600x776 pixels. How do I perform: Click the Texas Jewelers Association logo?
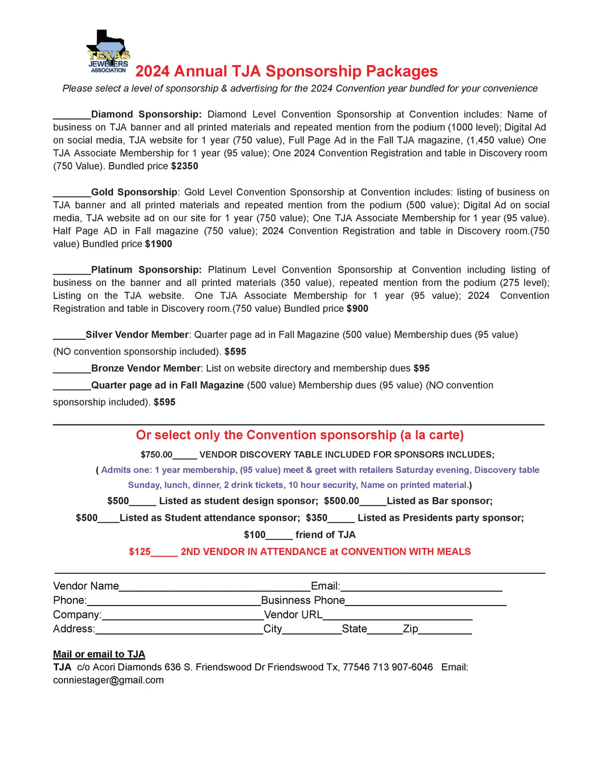coord(108,52)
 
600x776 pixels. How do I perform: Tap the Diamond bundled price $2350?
coord(185,166)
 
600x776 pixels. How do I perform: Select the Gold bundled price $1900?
coord(158,244)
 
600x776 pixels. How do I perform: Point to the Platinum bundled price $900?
coord(357,309)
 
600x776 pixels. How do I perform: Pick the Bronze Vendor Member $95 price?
coord(421,369)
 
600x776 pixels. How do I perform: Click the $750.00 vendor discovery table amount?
coord(156,455)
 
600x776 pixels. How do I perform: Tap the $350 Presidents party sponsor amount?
coord(317,518)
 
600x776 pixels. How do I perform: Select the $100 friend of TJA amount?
coord(255,535)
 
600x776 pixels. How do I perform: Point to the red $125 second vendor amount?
coord(139,552)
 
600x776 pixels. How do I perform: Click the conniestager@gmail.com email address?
coord(108,680)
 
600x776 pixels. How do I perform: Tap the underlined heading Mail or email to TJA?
coord(99,654)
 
